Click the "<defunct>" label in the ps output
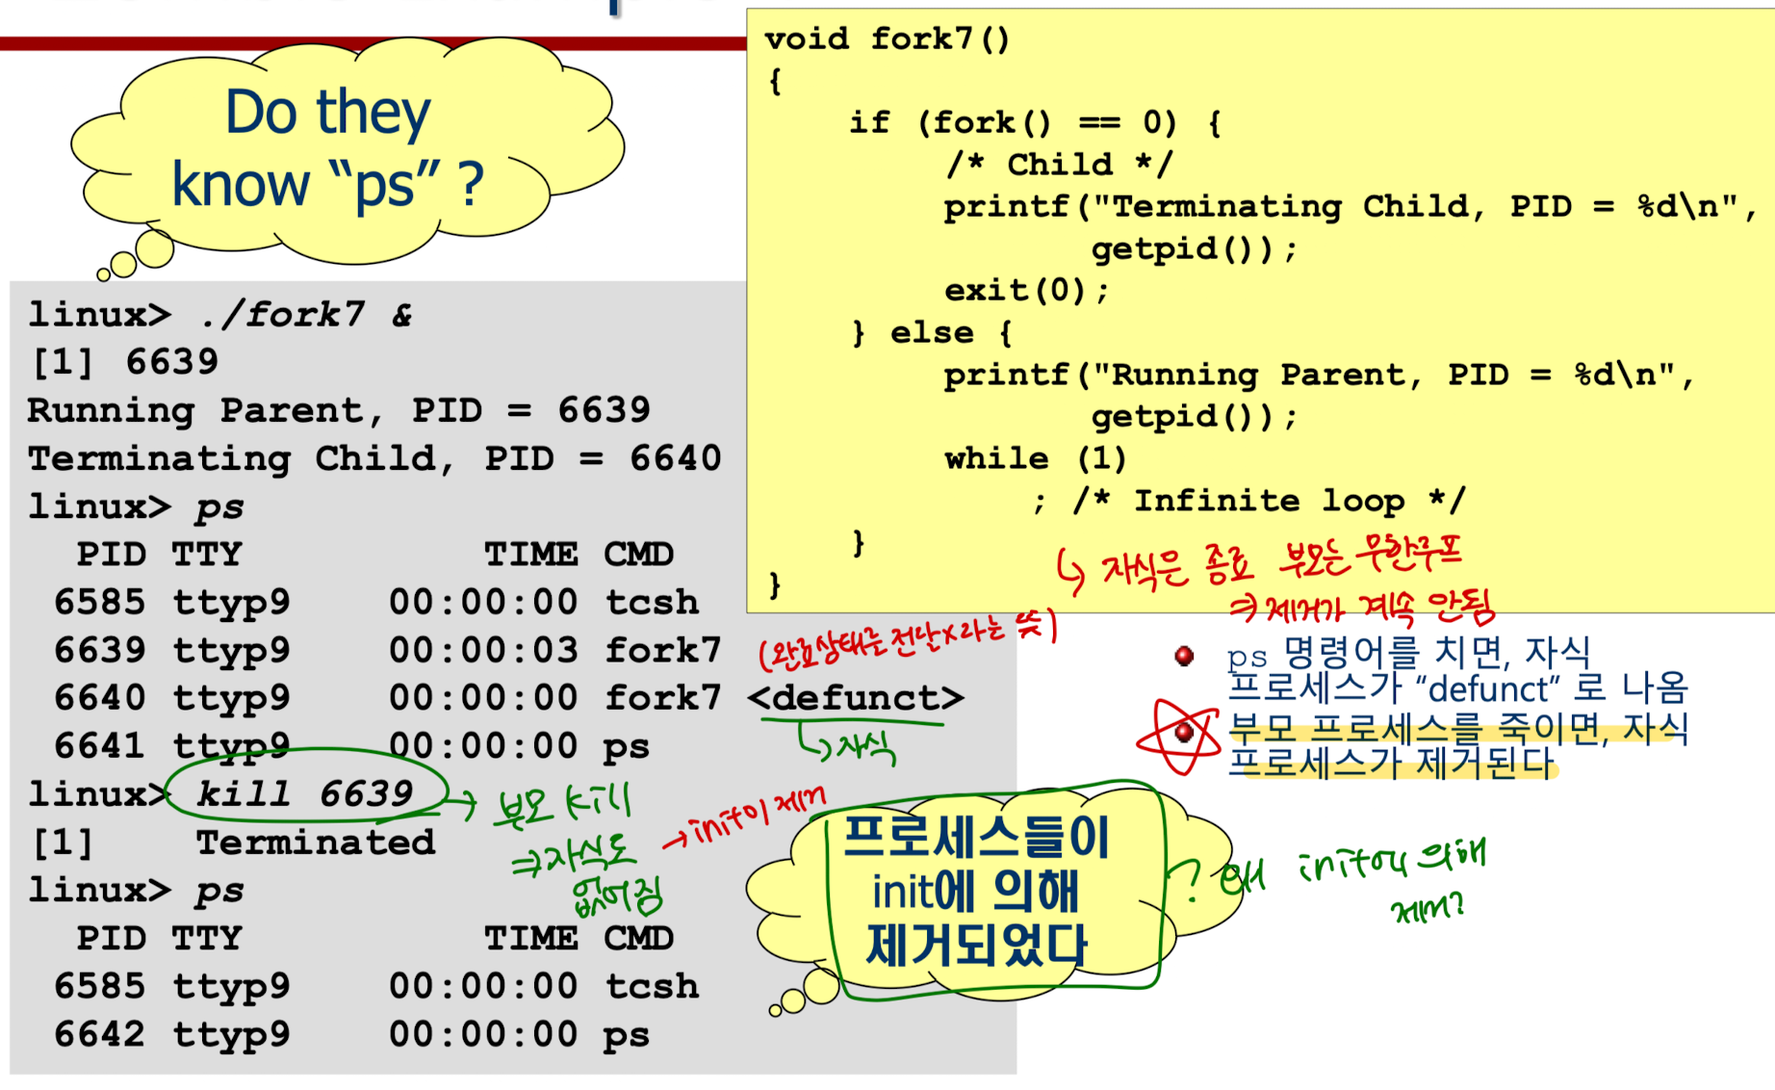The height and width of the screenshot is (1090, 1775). (855, 698)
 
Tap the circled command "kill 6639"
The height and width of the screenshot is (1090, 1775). (304, 794)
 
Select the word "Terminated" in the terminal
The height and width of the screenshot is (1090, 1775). (315, 843)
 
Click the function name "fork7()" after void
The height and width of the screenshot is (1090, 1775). (939, 39)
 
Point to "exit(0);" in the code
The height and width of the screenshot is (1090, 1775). (1025, 290)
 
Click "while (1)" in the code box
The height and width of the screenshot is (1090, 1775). (1035, 458)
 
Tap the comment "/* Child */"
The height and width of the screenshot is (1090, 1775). (1059, 165)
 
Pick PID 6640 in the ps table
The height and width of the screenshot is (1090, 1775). (99, 698)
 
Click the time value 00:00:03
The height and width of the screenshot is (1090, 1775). (482, 650)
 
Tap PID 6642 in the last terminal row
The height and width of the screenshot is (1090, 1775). (99, 1034)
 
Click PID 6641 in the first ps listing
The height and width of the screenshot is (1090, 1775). (99, 746)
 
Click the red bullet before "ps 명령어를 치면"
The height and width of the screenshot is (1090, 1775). (1184, 657)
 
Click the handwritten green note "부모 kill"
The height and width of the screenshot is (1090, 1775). (563, 804)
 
